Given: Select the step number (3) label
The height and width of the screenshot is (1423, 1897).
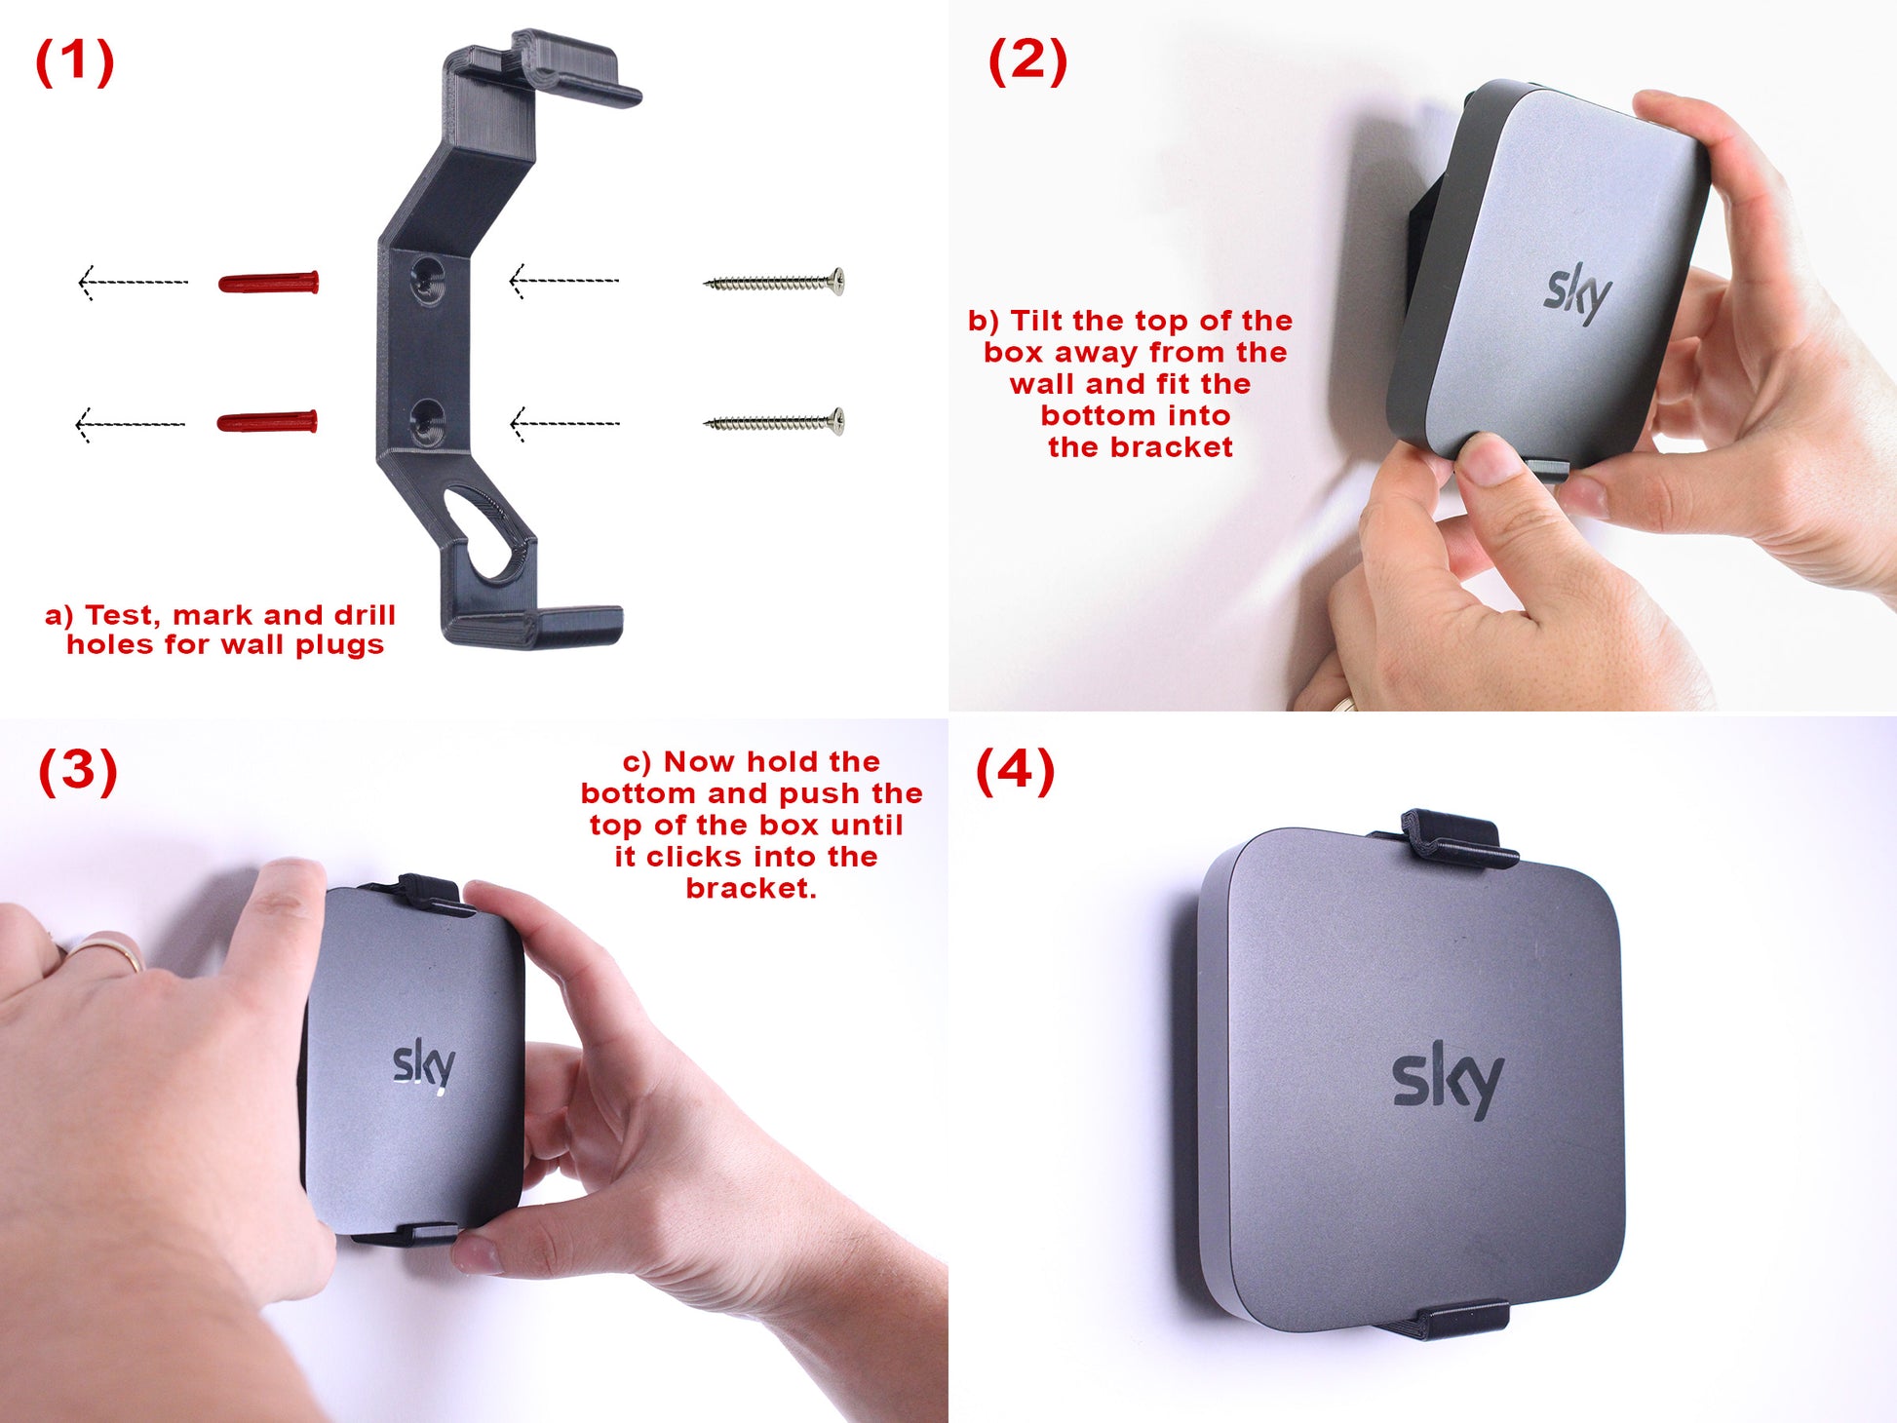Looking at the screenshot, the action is [x=78, y=771].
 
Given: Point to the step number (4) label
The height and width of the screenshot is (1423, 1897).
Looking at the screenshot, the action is [x=1015, y=770].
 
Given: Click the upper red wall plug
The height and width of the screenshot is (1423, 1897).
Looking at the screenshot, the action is [x=268, y=283].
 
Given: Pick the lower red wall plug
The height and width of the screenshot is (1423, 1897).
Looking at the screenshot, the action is [x=267, y=422].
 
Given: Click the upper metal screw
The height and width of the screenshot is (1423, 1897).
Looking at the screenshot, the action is [x=774, y=282].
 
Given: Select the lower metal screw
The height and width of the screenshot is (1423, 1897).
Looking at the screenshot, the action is [x=774, y=422].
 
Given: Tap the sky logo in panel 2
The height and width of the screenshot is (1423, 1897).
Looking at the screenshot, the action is [x=1577, y=293].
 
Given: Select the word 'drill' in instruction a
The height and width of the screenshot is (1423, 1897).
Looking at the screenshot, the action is [x=365, y=615].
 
